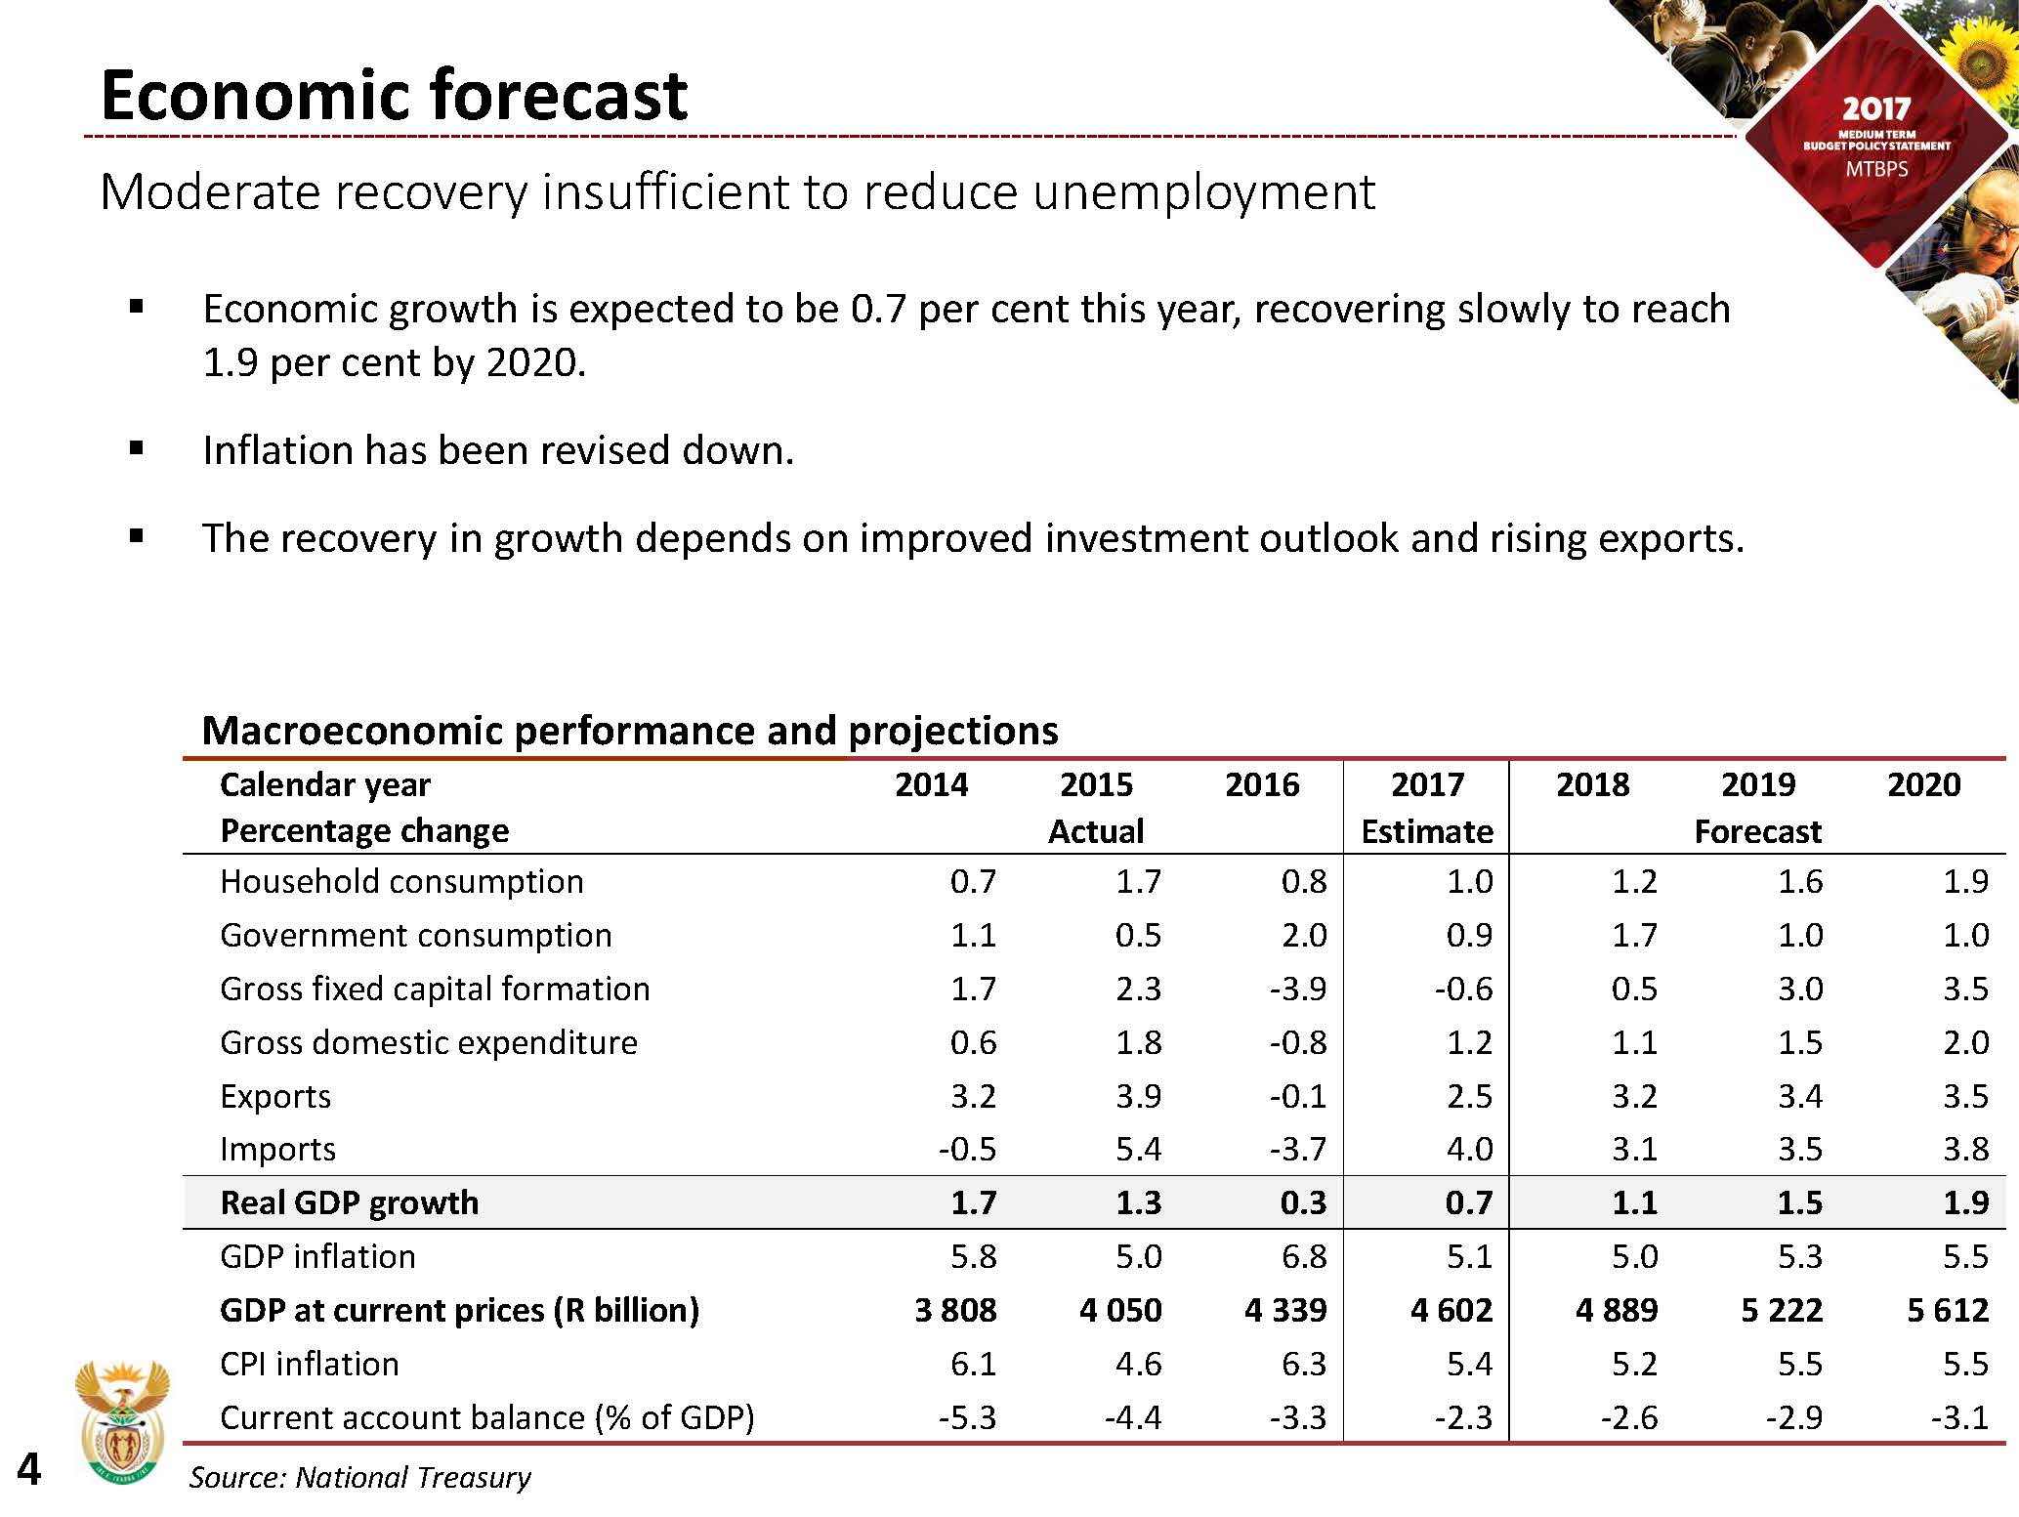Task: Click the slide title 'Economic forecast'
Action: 394,96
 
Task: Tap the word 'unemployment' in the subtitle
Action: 1203,192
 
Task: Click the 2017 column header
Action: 1427,784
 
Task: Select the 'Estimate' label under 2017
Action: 1427,831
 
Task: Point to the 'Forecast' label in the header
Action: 1757,831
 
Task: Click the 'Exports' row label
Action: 275,1096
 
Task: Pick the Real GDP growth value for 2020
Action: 1965,1202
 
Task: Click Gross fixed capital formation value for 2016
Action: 1298,989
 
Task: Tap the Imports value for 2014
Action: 967,1150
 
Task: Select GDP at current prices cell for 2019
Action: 1782,1310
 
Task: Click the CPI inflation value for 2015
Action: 1138,1364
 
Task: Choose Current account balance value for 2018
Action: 1628,1417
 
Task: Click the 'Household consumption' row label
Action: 401,881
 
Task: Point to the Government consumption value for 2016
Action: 1304,935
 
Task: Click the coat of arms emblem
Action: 122,1421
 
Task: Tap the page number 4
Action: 29,1470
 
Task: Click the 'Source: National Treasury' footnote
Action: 359,1477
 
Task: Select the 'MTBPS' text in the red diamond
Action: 1876,169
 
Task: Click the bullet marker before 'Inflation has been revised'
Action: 137,449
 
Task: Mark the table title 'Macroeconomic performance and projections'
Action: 629,731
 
